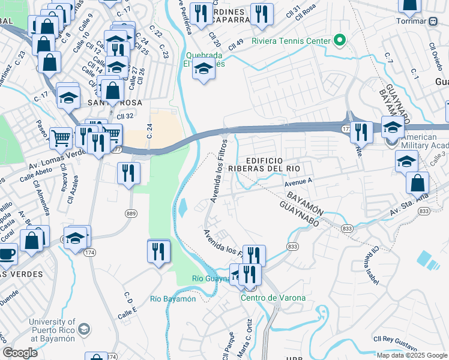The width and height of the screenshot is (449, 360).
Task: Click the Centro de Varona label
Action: [273, 298]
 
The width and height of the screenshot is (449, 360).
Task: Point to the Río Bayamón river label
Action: [173, 299]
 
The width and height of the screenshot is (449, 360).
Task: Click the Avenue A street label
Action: [299, 181]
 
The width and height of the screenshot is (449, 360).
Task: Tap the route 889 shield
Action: [132, 213]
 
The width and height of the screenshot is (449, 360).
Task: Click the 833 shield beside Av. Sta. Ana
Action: [424, 211]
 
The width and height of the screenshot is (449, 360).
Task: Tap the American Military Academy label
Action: [421, 142]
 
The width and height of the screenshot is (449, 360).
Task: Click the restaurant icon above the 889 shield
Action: [129, 173]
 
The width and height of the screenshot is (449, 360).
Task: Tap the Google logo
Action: [19, 353]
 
